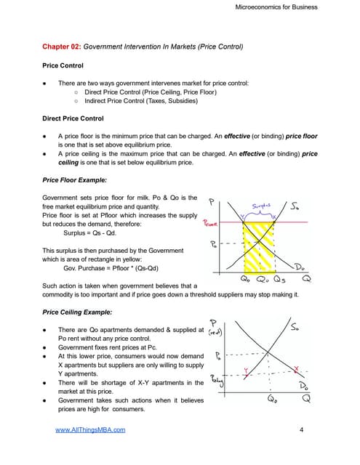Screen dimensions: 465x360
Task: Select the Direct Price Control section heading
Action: point(73,118)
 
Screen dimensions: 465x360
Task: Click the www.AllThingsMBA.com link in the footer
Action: point(91,430)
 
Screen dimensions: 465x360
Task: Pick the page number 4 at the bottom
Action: point(301,430)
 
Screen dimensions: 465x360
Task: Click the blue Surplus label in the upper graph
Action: point(260,207)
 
